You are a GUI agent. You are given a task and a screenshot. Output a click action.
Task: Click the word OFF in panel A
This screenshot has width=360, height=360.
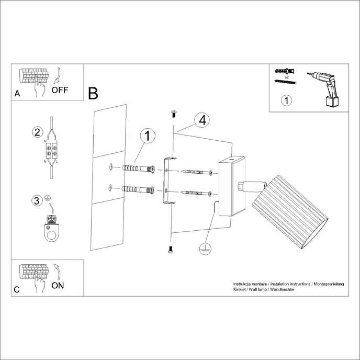60,89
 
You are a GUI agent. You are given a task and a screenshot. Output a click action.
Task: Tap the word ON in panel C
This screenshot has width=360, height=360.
58,285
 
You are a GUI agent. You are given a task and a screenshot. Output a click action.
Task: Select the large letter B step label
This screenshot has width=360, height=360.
93,94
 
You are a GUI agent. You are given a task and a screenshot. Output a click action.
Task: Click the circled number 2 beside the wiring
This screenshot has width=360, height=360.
37,131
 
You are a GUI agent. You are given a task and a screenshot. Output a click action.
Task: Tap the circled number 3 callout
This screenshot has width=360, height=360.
37,200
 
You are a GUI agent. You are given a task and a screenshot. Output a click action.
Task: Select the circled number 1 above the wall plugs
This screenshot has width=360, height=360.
148,136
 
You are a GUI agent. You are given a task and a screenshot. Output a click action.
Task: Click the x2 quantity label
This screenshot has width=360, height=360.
287,77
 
